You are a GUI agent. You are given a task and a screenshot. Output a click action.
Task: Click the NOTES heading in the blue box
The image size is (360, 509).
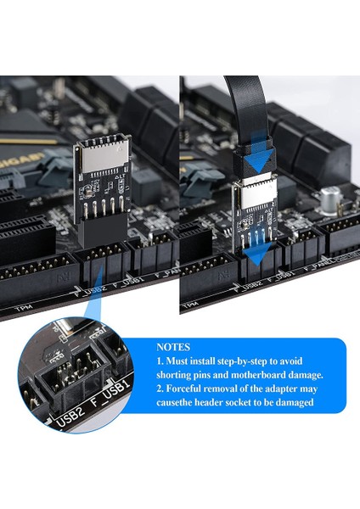(x=178, y=348)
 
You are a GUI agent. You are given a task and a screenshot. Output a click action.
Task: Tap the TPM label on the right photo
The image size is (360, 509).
(x=196, y=302)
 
